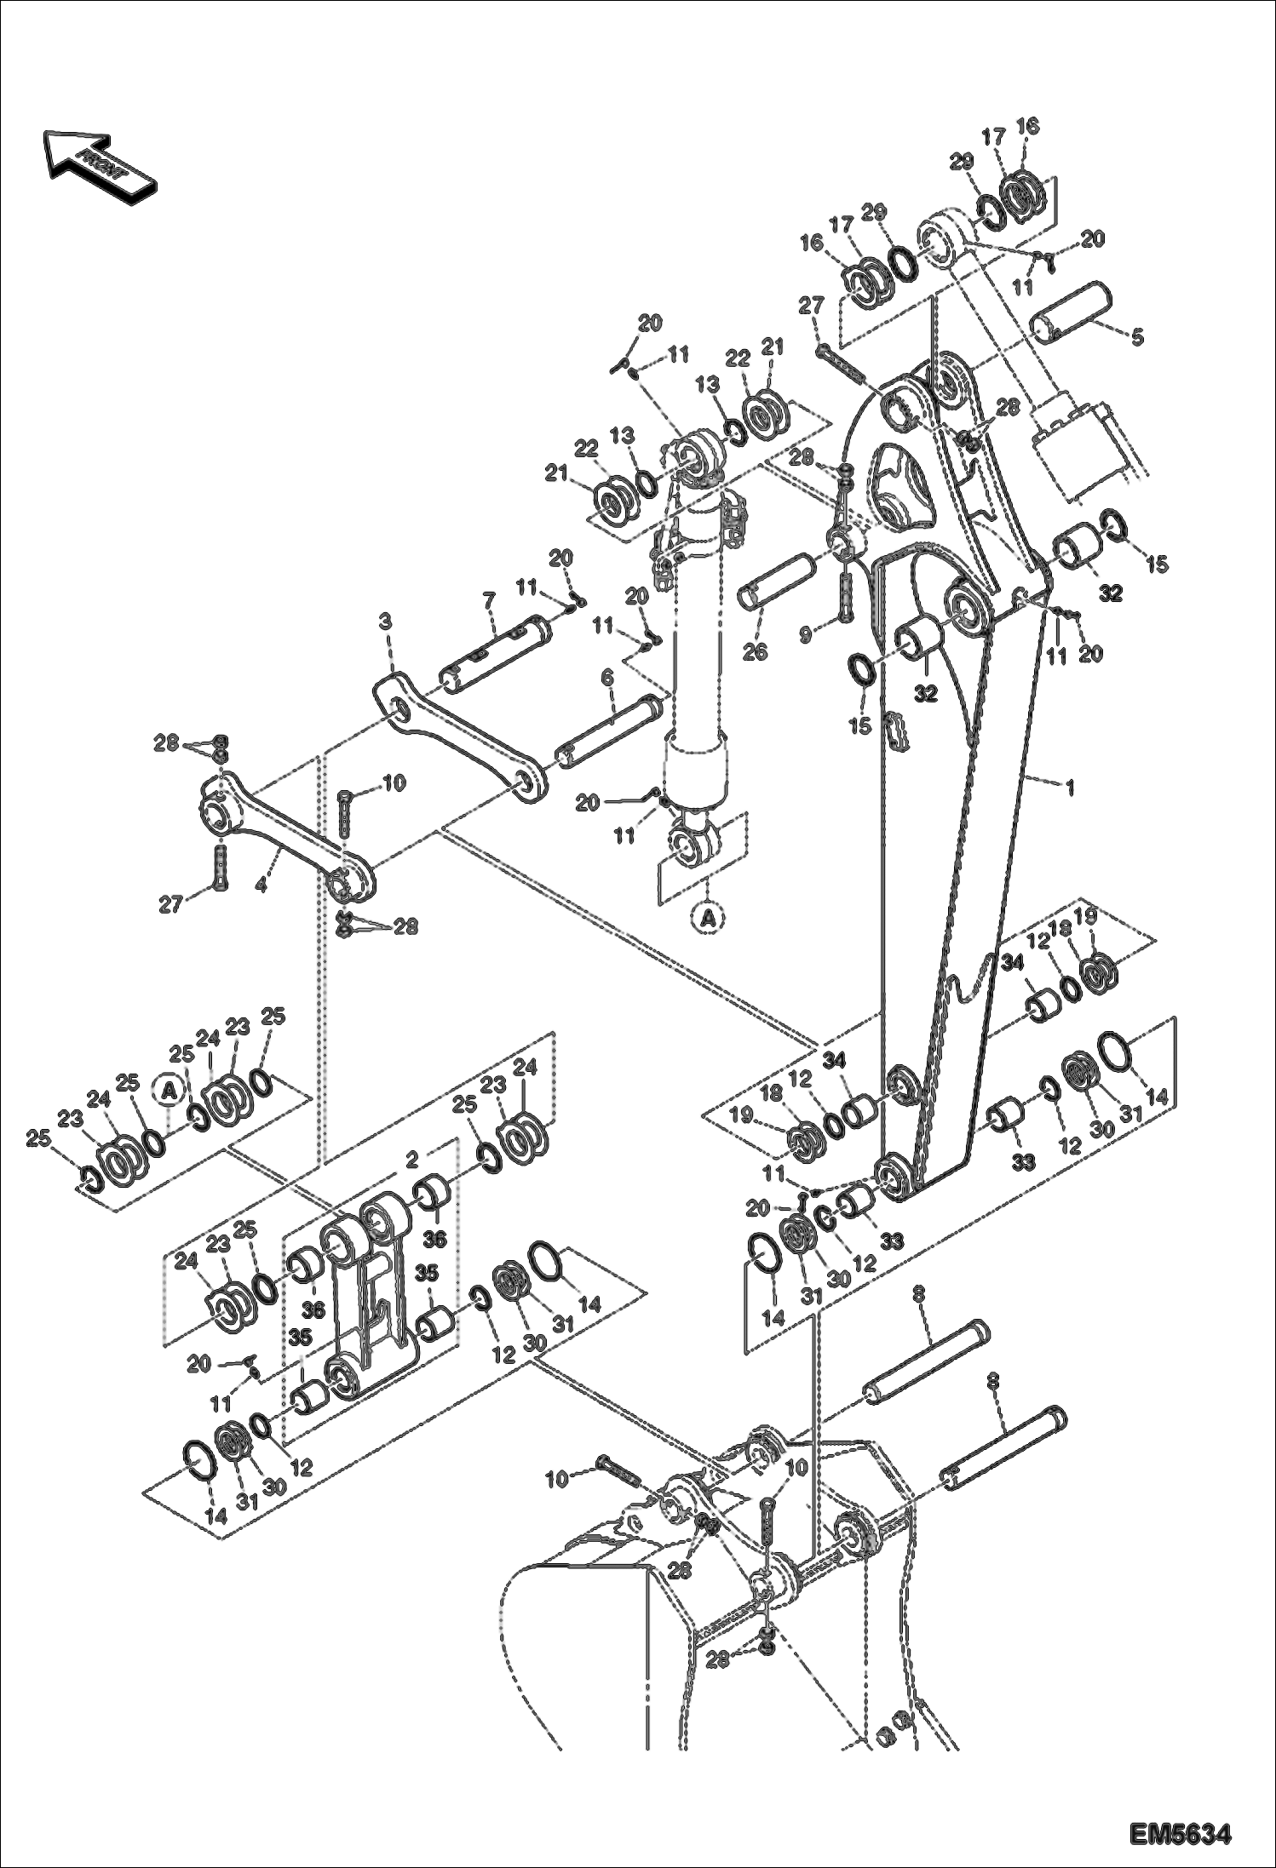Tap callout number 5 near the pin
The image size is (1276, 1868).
click(1137, 337)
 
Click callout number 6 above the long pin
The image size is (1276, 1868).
click(606, 678)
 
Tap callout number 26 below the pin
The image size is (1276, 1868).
click(755, 653)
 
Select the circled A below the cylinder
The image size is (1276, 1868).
click(707, 917)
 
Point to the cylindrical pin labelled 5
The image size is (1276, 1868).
click(1073, 311)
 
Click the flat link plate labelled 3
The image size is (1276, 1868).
click(460, 732)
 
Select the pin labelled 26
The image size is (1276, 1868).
click(782, 580)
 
